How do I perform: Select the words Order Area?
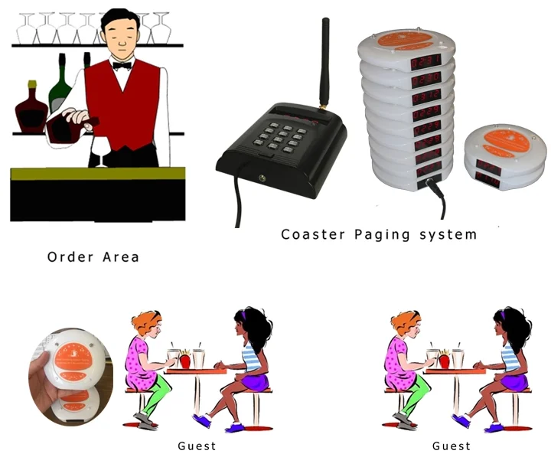click(x=93, y=257)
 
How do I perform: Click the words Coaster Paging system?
click(x=379, y=234)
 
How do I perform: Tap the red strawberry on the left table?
click(x=184, y=359)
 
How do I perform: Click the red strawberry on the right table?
click(x=444, y=359)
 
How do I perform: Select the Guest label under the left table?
click(x=197, y=446)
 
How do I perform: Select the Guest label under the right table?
click(x=452, y=446)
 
